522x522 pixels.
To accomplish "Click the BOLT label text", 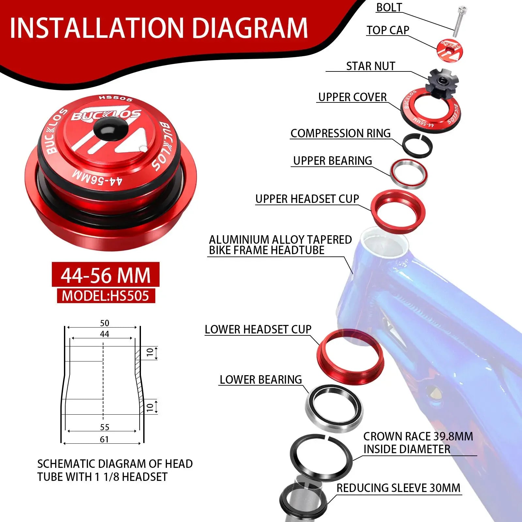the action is [389, 7].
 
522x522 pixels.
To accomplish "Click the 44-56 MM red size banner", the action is [106, 275].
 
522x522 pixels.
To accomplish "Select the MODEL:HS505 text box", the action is [106, 296].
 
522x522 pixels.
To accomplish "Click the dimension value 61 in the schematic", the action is [104, 439].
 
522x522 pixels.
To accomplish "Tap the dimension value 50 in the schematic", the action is [104, 323].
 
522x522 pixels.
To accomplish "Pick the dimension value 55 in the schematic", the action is [104, 427].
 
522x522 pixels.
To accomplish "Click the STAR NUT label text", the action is [371, 66].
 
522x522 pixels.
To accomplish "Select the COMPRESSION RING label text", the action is [341, 133].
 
